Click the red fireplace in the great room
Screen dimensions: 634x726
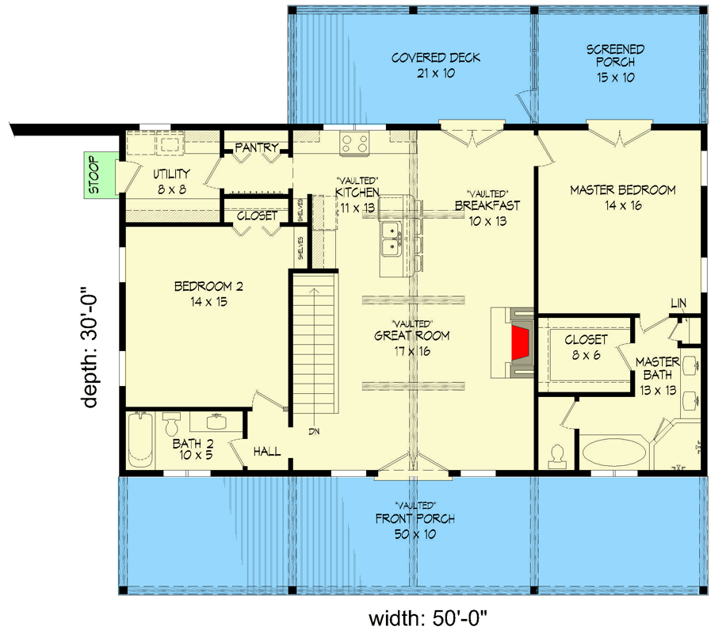click(519, 342)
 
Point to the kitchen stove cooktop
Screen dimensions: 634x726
click(354, 143)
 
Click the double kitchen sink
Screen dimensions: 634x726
click(390, 239)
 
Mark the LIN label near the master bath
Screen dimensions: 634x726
click(678, 303)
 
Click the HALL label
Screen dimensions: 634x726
click(267, 451)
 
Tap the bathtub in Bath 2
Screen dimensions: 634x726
click(139, 441)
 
